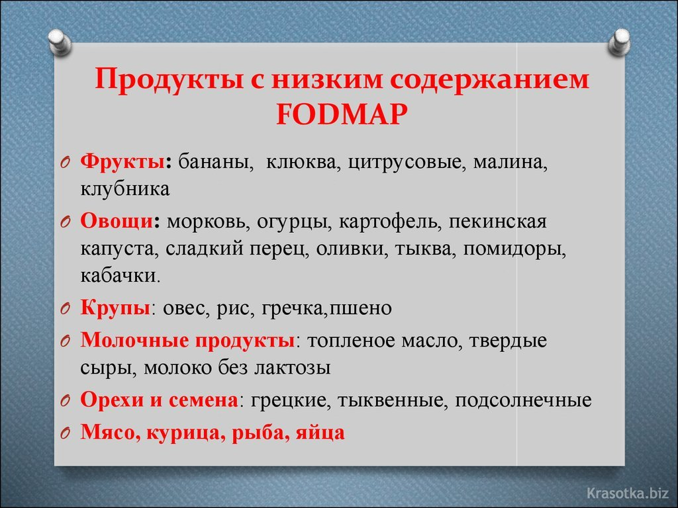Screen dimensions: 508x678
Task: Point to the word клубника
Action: (125, 189)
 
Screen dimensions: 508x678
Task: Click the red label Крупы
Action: (114, 308)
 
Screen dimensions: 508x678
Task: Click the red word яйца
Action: (321, 433)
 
